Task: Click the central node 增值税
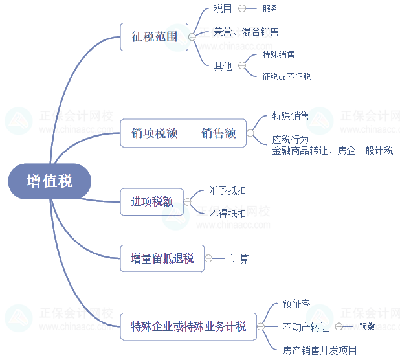(50, 181)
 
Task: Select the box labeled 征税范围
(154, 37)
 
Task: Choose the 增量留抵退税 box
(162, 258)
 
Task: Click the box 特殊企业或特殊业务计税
(188, 326)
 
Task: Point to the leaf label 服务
(270, 9)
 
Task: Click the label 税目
(223, 9)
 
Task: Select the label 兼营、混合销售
(246, 32)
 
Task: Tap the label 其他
(223, 65)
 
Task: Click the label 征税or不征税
(286, 76)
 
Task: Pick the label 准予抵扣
(227, 191)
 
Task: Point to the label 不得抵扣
(227, 213)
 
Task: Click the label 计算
(239, 259)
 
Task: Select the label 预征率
(296, 303)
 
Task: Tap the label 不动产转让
(306, 327)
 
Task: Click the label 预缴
(366, 327)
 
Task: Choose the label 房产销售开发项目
(320, 350)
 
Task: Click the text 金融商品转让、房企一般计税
(333, 151)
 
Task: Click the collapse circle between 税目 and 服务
(243, 9)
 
